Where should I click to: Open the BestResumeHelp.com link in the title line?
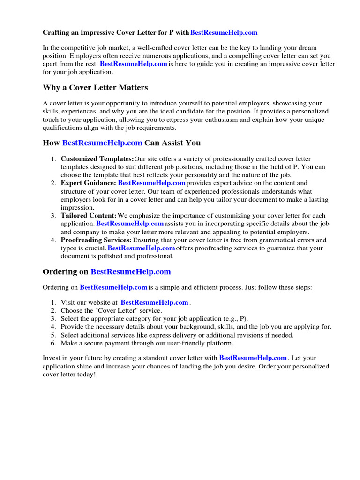tap(224, 33)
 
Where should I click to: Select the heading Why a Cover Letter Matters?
tap(95, 87)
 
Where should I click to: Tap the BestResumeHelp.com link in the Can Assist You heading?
tap(102, 142)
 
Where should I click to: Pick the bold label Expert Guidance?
tap(88, 183)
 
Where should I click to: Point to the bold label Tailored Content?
tap(89, 216)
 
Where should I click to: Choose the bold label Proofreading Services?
tap(96, 240)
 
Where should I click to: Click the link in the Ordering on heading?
tap(131, 272)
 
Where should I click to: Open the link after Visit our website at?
tap(154, 303)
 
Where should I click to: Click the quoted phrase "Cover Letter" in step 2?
tap(108, 311)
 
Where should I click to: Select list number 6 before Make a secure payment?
tap(54, 343)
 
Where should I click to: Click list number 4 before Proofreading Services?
tap(54, 240)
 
